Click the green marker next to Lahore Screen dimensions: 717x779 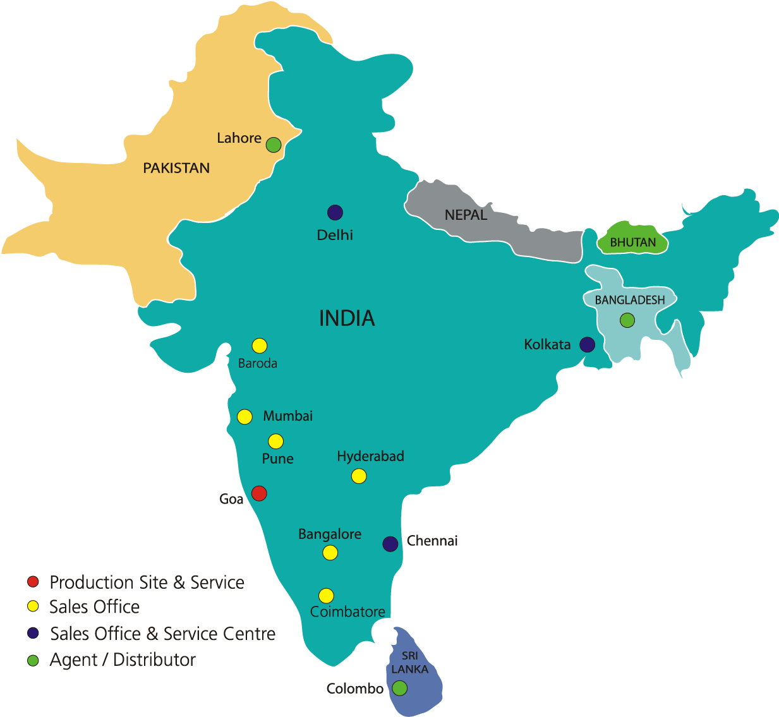point(273,145)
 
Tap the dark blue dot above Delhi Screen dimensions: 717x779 point(335,213)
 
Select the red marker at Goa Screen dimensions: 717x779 point(259,493)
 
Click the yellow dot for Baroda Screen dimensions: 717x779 point(260,346)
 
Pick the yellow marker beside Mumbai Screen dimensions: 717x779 point(245,416)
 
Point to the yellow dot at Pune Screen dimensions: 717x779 point(275,441)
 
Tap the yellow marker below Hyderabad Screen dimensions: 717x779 point(359,476)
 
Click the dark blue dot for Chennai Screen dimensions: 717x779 point(390,543)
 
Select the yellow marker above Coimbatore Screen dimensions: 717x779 point(326,595)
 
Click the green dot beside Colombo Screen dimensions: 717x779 point(399,688)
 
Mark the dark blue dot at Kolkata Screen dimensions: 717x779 point(588,344)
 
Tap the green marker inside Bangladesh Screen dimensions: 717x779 point(627,320)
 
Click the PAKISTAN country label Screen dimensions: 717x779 point(176,168)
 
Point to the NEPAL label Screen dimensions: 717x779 point(466,215)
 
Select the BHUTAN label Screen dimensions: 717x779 point(632,243)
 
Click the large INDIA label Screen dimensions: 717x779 point(347,318)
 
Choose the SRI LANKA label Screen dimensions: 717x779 point(409,663)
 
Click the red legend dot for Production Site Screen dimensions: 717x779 point(33,582)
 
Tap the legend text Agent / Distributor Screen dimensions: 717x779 point(123,660)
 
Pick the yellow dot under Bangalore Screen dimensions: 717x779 point(330,553)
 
